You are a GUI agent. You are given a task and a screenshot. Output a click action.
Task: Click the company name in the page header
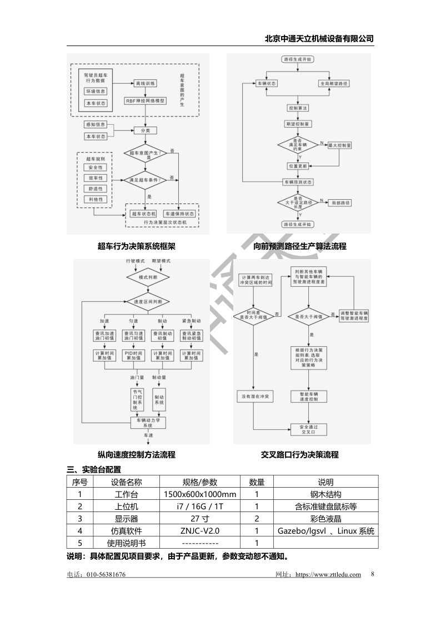coord(319,39)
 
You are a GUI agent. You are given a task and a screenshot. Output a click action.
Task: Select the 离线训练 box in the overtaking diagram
coord(146,83)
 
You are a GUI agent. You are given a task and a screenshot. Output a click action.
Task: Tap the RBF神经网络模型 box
coord(146,101)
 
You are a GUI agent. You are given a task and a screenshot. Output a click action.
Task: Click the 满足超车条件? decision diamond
coord(146,180)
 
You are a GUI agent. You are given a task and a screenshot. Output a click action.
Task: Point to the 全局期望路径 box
coord(333,83)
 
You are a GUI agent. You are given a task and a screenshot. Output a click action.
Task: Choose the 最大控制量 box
coord(339,145)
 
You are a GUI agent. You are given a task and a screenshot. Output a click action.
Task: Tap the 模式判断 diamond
coord(147,277)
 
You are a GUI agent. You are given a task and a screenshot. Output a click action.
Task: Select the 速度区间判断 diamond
coord(147,302)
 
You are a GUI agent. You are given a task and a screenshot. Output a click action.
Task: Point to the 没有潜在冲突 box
coord(254,397)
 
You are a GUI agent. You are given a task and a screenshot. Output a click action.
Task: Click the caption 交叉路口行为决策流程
coord(300,455)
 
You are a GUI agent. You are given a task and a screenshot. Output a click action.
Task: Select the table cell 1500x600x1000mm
coord(201,494)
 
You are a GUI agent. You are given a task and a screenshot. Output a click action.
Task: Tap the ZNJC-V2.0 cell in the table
coord(201,531)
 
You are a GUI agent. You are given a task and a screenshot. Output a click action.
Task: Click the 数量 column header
coord(257,482)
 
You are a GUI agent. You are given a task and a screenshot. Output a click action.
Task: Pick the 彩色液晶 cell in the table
coord(325,519)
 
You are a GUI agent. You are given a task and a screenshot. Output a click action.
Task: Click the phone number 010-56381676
coord(106,575)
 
